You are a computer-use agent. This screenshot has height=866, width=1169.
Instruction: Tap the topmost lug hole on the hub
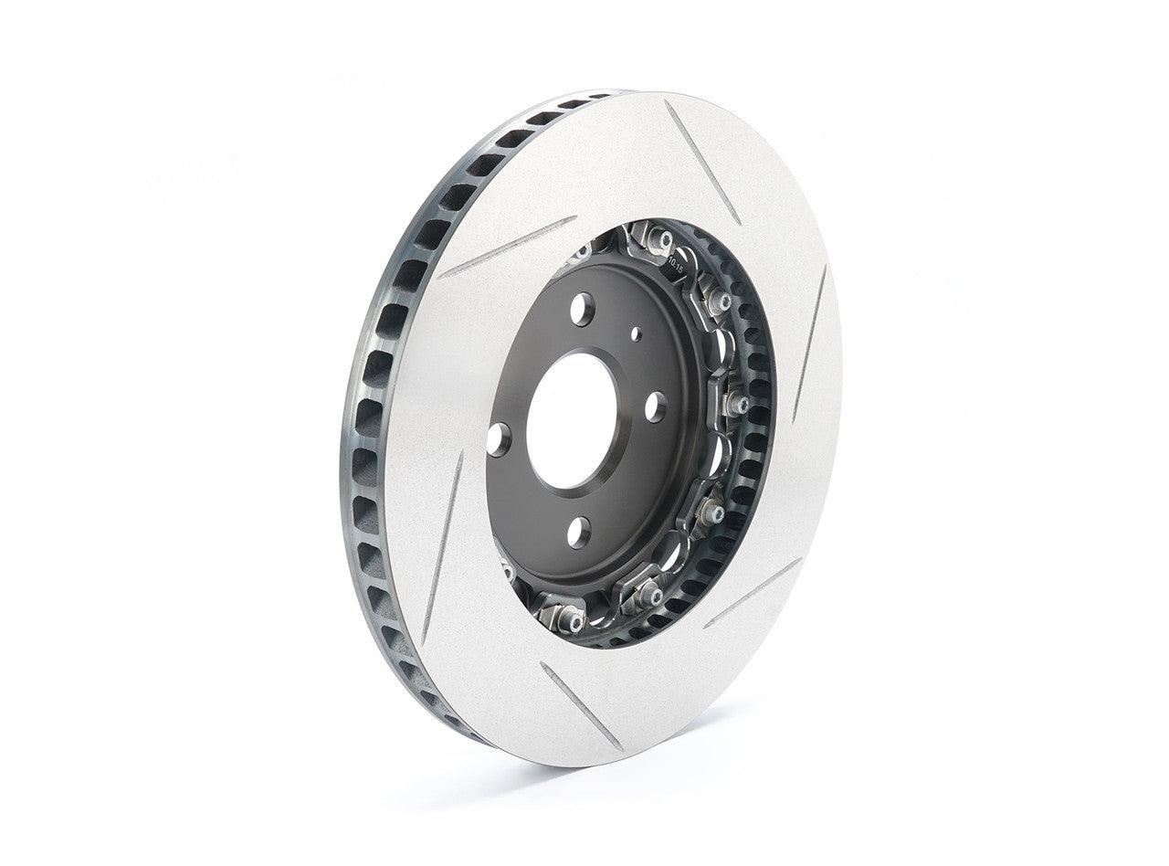582,309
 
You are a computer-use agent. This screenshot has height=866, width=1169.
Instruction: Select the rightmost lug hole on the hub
655,406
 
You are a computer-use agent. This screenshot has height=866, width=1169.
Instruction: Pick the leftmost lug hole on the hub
498,438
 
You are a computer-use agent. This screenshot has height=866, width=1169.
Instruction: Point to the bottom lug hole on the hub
578,531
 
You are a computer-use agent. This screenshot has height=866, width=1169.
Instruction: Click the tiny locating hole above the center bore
637,334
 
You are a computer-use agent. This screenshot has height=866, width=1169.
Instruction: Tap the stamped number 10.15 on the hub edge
677,266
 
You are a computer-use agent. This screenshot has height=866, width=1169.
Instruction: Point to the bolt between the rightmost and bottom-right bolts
711,513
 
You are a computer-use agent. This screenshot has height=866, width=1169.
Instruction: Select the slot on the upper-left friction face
507,247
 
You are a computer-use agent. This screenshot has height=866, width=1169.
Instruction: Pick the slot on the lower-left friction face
443,548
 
